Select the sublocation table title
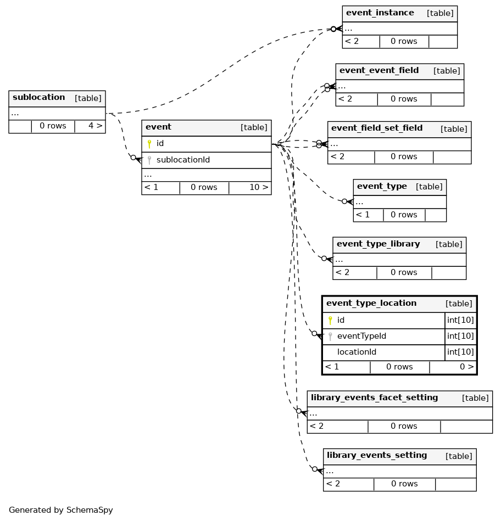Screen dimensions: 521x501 pos(38,98)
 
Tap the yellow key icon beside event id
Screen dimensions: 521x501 pos(149,144)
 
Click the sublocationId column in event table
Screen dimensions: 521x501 pos(183,160)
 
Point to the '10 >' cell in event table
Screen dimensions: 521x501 pos(259,187)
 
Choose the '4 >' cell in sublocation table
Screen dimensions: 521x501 pos(95,126)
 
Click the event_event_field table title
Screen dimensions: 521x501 pos(378,71)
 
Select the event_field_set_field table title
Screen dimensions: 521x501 pos(376,128)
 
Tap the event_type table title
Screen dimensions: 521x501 pos(382,187)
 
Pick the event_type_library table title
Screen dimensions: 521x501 pos(378,244)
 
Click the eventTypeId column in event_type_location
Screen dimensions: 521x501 pos(361,336)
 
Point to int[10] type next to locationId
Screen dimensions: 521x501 pos(460,352)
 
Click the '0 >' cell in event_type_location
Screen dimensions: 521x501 pos(466,367)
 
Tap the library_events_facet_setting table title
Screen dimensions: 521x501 pos(374,398)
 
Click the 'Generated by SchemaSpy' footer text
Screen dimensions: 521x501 pos(61,510)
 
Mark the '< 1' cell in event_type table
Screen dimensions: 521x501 pos(363,215)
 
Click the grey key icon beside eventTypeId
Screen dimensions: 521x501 pos(330,336)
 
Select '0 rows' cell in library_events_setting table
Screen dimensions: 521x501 pos(404,484)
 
